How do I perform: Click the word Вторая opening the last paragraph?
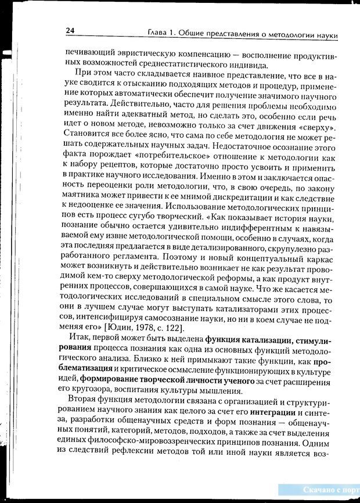83,400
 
